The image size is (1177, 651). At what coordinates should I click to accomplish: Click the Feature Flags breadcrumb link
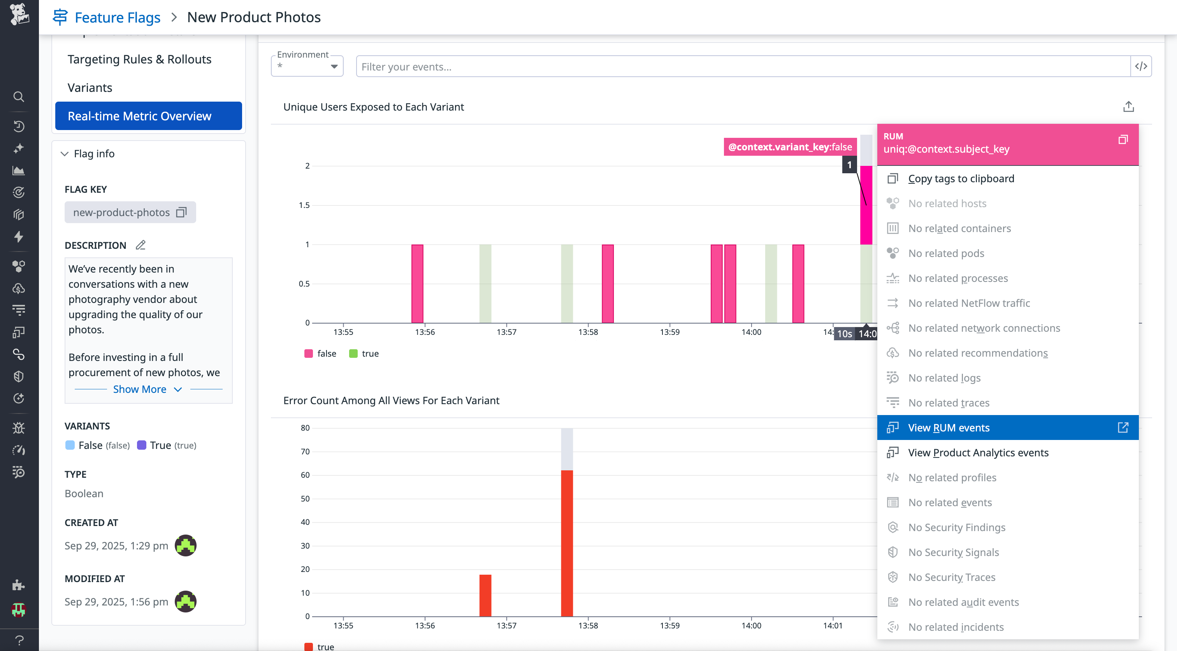click(117, 18)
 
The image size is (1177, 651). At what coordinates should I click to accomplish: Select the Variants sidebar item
click(90, 87)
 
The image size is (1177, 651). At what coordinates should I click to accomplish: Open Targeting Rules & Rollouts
click(139, 60)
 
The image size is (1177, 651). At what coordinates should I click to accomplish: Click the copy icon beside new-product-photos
click(181, 212)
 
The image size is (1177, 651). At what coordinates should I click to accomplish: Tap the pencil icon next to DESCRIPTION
click(141, 245)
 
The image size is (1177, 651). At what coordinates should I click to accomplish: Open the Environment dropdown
click(307, 66)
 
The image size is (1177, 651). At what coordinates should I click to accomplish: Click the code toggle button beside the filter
click(1141, 66)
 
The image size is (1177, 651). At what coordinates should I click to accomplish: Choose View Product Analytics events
click(978, 452)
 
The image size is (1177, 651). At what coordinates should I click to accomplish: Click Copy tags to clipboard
click(961, 179)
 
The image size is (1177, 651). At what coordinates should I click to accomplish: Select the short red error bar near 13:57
click(485, 595)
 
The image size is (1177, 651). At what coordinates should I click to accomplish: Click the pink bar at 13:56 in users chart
click(417, 283)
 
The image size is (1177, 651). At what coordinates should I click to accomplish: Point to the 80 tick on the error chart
click(305, 428)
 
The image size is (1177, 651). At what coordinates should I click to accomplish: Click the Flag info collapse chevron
click(65, 154)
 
